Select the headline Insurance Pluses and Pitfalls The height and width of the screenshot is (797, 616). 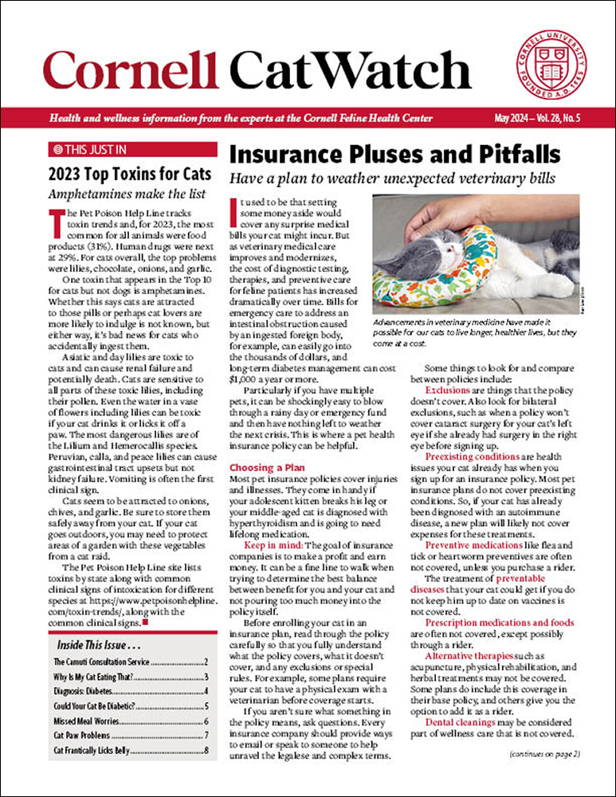point(394,153)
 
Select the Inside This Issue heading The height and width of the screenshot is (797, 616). point(94,644)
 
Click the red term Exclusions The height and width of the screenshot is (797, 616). point(448,391)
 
